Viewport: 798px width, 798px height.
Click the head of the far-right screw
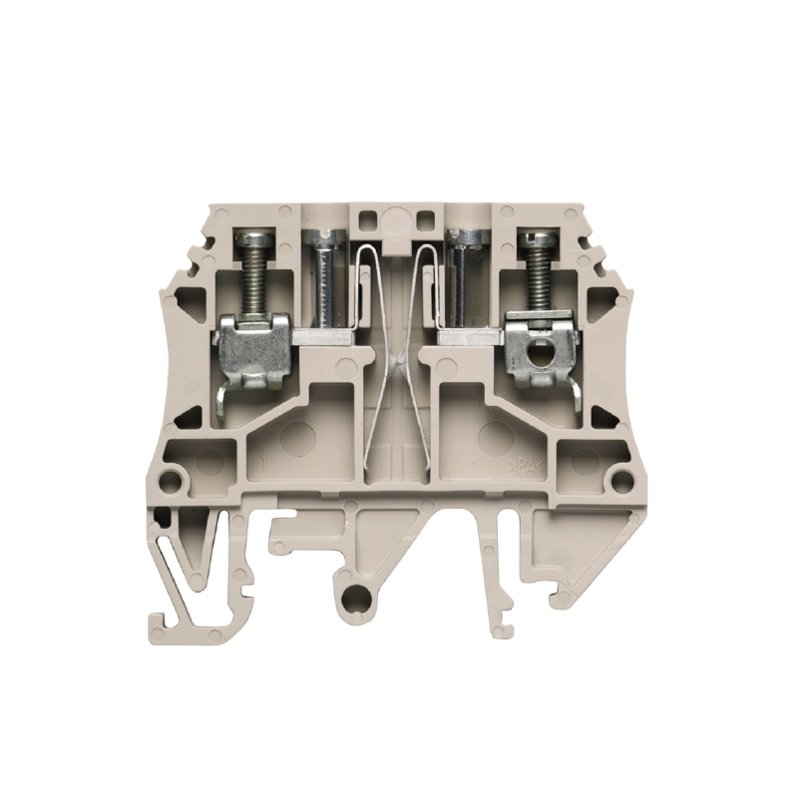[x=537, y=239]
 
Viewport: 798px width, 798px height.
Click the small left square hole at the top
[x=362, y=218]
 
